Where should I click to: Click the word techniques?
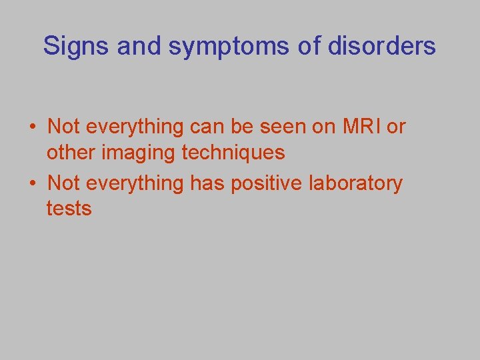233,153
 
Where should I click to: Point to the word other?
70,153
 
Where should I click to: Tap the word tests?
69,209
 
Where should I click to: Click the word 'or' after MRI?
396,126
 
